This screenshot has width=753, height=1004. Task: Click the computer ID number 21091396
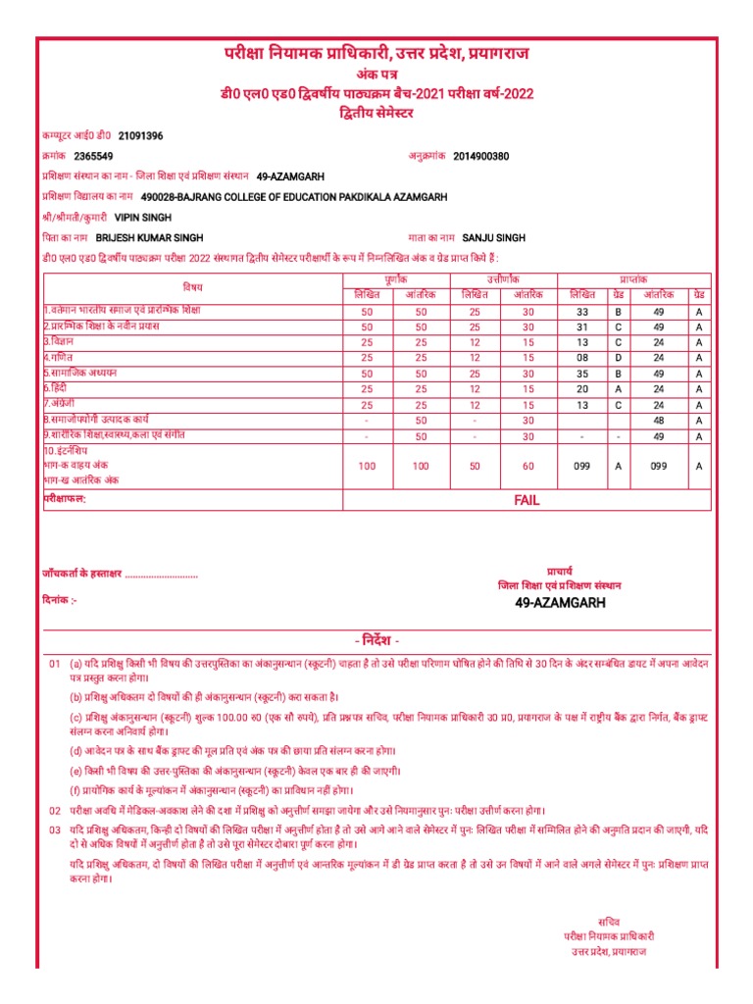(x=141, y=135)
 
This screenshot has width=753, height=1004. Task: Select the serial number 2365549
(x=93, y=156)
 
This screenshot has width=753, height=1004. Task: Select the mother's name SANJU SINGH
(x=494, y=238)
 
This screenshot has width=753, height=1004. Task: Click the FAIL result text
(x=527, y=500)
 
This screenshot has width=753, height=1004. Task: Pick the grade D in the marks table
(x=618, y=358)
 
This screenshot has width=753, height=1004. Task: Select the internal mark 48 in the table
(x=659, y=421)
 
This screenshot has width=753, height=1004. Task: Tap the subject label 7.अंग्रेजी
(x=64, y=404)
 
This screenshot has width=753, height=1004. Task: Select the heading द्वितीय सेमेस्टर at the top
(x=376, y=114)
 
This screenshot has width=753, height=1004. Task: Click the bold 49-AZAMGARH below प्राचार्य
(x=560, y=602)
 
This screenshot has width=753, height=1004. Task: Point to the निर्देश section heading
(x=376, y=640)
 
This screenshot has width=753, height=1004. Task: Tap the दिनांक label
(x=60, y=597)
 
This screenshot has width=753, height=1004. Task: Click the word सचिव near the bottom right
(x=609, y=921)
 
